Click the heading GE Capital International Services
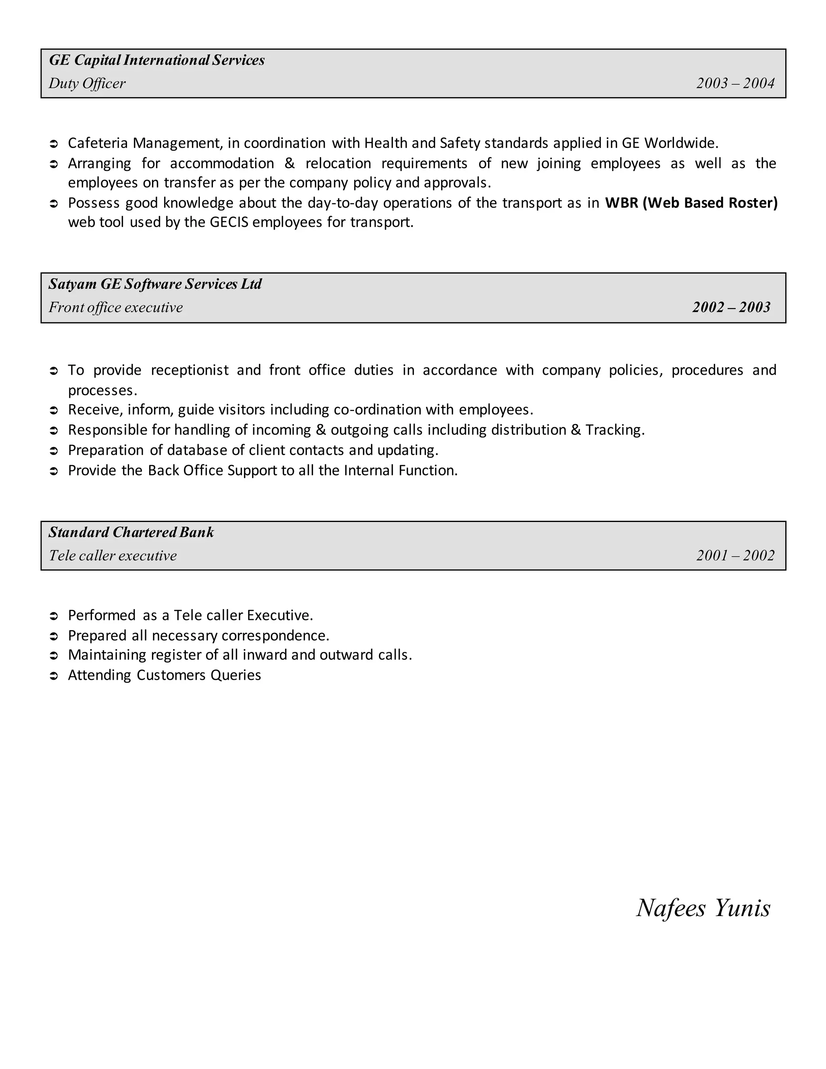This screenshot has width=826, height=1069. [x=156, y=60]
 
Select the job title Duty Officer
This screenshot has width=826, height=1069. [x=87, y=84]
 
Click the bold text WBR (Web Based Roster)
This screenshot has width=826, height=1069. [x=691, y=203]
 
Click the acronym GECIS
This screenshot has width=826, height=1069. [x=229, y=222]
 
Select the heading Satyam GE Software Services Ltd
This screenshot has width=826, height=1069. [x=155, y=284]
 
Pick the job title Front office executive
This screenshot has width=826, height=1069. [x=115, y=307]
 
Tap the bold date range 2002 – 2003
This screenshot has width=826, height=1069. [x=731, y=307]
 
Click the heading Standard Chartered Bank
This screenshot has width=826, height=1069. [x=131, y=532]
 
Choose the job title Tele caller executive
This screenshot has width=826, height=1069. [x=113, y=555]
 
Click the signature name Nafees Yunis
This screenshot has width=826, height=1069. [x=703, y=908]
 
